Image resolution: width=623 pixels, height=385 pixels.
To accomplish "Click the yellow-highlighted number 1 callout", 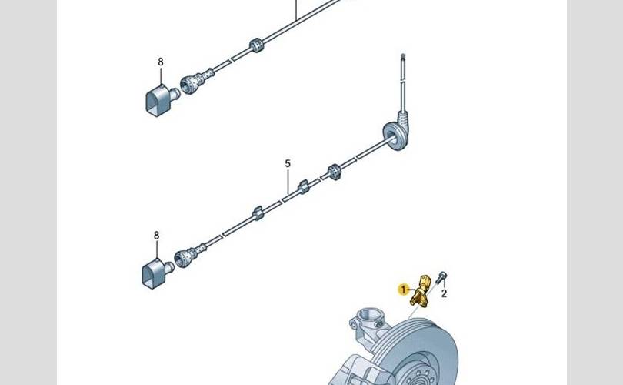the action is click(403, 290).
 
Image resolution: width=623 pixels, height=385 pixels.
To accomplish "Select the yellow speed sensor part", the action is click(421, 291).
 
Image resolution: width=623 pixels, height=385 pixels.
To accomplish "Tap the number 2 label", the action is click(444, 293).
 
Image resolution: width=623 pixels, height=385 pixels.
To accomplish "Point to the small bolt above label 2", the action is click(441, 277).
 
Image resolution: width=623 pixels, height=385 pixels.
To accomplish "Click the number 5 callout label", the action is click(288, 163).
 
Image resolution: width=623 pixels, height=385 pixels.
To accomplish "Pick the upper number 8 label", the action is click(161, 62).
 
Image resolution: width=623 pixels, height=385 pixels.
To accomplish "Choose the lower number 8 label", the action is click(157, 236).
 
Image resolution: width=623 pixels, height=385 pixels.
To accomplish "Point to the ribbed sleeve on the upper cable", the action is click(257, 45).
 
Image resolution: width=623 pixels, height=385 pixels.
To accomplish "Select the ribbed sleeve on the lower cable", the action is click(335, 172).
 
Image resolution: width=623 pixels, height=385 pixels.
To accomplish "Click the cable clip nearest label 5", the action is click(304, 186).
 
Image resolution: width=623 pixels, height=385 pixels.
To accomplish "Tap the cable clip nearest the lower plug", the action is click(258, 213).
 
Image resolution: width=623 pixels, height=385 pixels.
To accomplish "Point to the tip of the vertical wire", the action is click(403, 55).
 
